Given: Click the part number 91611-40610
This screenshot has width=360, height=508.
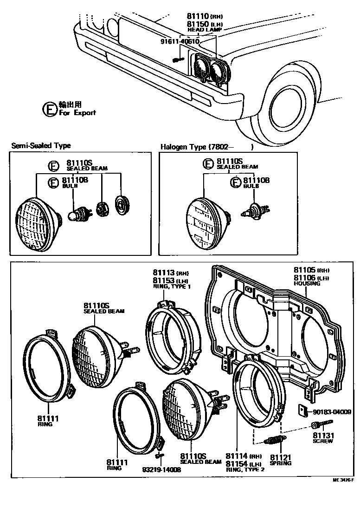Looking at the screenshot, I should pyautogui.click(x=180, y=41).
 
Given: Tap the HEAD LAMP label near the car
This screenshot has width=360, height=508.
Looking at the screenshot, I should pyautogui.click(x=202, y=30).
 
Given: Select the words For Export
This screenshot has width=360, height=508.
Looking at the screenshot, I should pyautogui.click(x=77, y=112).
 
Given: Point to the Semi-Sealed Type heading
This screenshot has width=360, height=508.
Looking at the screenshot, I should pyautogui.click(x=41, y=146).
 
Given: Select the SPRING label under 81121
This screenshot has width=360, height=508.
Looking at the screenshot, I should pyautogui.click(x=281, y=463).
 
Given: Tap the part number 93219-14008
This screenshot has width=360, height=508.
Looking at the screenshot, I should pyautogui.click(x=161, y=469).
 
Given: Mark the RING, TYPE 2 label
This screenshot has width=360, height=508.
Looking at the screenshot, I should pyautogui.click(x=244, y=469).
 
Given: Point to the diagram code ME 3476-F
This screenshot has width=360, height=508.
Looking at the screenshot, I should pyautogui.click(x=343, y=480).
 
